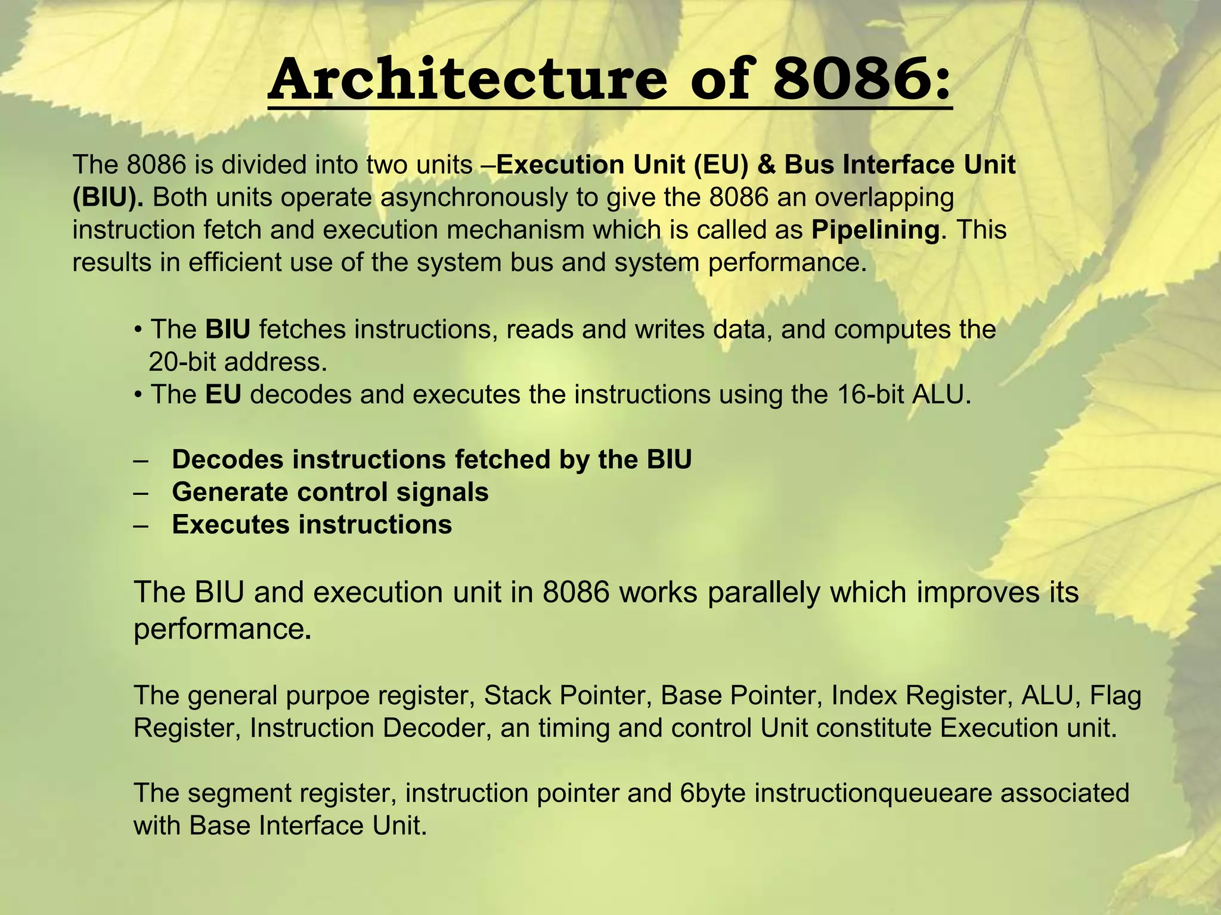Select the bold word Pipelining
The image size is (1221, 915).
pos(875,230)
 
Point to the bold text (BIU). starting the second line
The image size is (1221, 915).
pos(108,198)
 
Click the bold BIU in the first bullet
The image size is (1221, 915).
pos(228,329)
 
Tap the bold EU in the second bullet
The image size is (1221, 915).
pos(223,394)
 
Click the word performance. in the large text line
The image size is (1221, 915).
pos(222,629)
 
